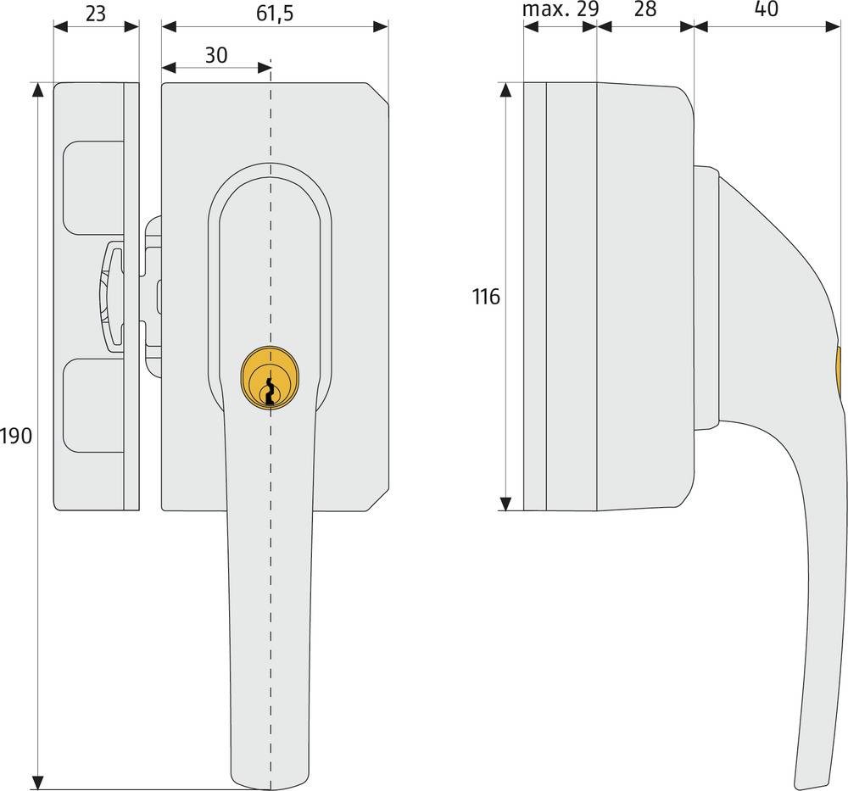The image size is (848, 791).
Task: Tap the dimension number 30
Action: [216, 55]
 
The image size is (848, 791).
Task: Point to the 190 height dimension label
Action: [16, 437]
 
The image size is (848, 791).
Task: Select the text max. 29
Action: [560, 10]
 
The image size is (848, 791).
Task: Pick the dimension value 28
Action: [645, 10]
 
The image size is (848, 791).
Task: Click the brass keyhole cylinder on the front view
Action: [271, 379]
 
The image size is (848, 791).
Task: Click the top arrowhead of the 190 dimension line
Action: [37, 90]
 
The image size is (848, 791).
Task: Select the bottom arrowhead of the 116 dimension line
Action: [506, 504]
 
